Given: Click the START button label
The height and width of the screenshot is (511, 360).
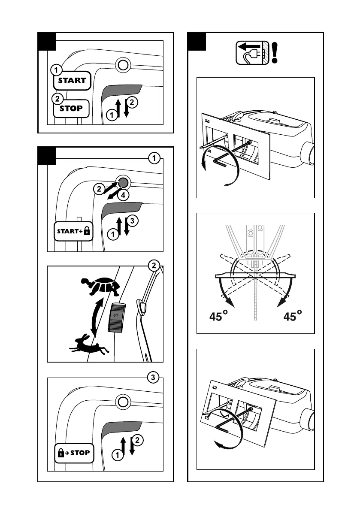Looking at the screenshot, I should (72, 80).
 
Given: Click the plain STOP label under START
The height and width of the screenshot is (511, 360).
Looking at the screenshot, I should (71, 108).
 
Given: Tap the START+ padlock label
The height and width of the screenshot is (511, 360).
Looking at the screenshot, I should (74, 232).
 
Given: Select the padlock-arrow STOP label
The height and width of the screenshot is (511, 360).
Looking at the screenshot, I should (74, 452).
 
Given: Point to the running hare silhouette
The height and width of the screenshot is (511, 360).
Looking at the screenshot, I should (90, 345).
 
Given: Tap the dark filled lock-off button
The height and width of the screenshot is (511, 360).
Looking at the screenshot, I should (123, 182).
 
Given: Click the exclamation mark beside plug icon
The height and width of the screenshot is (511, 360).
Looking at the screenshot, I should (274, 53).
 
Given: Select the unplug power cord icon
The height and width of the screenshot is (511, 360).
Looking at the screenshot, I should (252, 53).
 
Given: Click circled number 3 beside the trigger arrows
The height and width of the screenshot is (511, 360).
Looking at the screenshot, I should (133, 221).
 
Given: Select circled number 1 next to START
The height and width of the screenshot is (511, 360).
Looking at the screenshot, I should (55, 69).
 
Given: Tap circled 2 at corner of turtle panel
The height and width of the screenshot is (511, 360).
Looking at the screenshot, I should (152, 266).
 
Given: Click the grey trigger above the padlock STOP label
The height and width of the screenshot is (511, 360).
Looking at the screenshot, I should (123, 427).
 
